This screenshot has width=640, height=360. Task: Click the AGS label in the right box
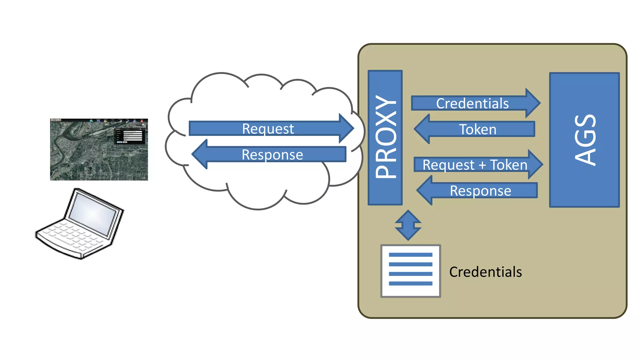click(x=585, y=140)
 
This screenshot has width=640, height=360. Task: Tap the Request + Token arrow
click(x=475, y=165)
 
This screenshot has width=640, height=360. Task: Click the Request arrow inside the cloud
click(x=268, y=128)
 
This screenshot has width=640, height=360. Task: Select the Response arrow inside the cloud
click(x=272, y=154)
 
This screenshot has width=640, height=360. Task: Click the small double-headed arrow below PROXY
click(x=408, y=225)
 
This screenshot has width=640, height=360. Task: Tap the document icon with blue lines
click(x=410, y=271)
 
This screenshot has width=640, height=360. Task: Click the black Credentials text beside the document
click(x=485, y=272)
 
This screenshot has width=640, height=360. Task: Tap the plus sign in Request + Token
click(x=482, y=165)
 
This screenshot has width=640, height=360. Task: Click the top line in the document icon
click(x=410, y=255)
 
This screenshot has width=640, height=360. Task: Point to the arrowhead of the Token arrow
click(x=420, y=129)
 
